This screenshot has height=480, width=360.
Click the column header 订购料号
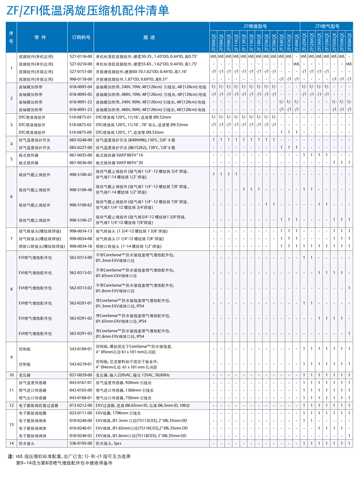[81, 37]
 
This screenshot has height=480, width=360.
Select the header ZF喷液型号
[255, 26]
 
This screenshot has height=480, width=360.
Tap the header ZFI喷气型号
[327, 26]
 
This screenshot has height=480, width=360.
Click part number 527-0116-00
[81, 56]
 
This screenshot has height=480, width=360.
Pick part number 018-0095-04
[81, 86]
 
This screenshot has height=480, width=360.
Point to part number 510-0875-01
[81, 117]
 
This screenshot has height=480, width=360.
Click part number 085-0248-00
[81, 140]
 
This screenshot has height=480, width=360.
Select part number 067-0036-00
[81, 163]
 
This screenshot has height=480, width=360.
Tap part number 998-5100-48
[81, 190]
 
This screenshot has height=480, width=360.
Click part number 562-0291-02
[81, 318]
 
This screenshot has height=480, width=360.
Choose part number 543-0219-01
[81, 364]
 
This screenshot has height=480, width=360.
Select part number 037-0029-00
[81, 374]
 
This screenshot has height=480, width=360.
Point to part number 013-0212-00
[81, 406]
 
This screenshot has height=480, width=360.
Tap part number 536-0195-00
[81, 444]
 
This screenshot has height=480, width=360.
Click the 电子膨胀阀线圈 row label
[32, 413]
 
